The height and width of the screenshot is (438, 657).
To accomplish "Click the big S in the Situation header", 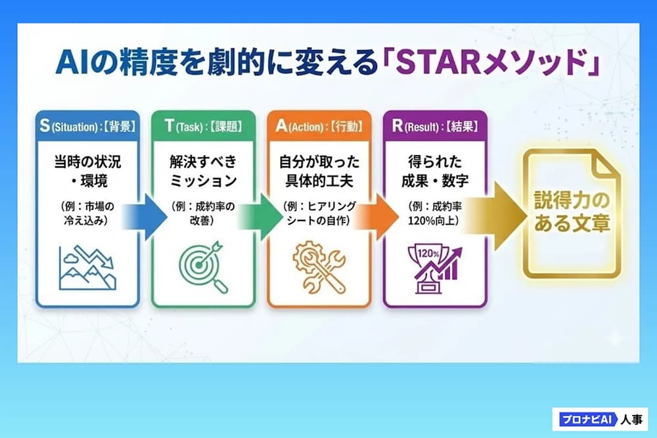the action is point(45,125).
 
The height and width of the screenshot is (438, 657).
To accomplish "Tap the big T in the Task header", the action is point(169,125).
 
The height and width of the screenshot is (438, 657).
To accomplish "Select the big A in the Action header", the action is point(281,125).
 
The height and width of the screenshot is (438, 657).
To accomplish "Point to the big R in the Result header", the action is point(397,125).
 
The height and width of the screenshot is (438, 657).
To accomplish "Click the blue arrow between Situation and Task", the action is point(145,217).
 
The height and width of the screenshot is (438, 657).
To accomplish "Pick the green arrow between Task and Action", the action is point(260,217).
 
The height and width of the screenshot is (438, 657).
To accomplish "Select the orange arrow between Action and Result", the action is point(376,217).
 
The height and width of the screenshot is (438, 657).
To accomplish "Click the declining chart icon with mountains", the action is point(87,267).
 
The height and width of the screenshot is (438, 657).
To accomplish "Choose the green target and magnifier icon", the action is point(203,267).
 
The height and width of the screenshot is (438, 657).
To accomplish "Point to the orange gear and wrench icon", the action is point(319,267).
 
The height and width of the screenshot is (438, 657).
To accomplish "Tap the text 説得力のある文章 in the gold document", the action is point(572,211).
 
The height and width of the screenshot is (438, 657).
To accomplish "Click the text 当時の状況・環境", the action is point(87,171).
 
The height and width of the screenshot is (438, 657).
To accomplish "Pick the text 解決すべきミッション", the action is point(203,171).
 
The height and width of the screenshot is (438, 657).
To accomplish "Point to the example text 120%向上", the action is point(433,220).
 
